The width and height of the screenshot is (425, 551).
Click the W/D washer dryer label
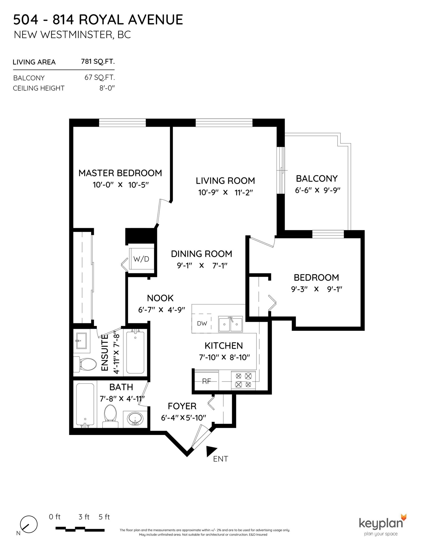[x=141, y=259]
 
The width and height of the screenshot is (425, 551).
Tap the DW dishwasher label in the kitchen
[x=202, y=324]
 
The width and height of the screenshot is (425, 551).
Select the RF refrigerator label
[x=206, y=381]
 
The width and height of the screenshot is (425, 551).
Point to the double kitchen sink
[x=230, y=324]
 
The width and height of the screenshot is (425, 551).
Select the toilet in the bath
[x=110, y=416]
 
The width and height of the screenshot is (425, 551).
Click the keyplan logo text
[x=381, y=523]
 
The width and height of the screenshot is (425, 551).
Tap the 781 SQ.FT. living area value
[x=98, y=62]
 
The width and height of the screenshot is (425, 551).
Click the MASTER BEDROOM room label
[x=120, y=173]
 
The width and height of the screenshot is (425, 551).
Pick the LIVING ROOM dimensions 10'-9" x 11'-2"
[x=225, y=192]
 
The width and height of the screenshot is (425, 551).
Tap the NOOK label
[x=160, y=298]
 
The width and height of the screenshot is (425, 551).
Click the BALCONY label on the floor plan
[x=317, y=178]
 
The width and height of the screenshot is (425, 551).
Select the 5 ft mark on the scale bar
[x=104, y=524]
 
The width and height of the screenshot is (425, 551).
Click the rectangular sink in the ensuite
[x=82, y=341]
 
